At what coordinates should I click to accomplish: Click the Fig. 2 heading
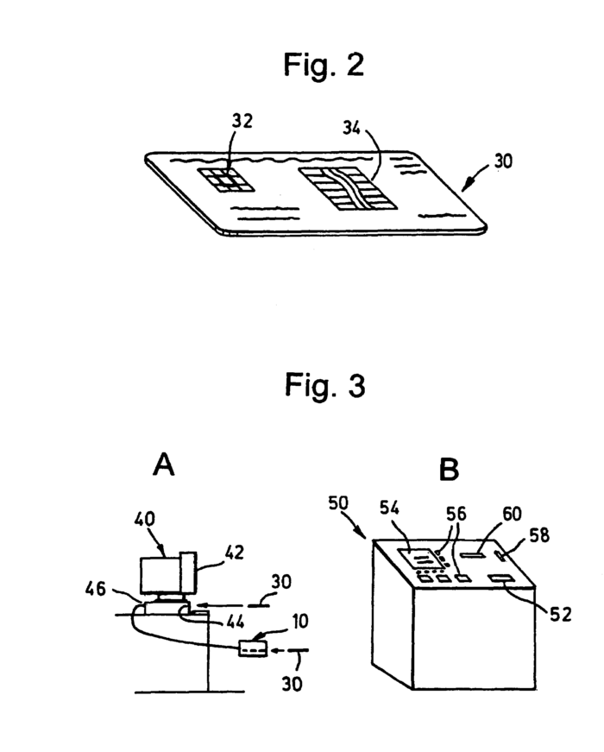[324, 66]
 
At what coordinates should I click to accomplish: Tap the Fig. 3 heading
[324, 386]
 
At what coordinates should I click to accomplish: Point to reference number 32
[242, 122]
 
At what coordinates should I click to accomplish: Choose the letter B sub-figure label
[450, 469]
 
